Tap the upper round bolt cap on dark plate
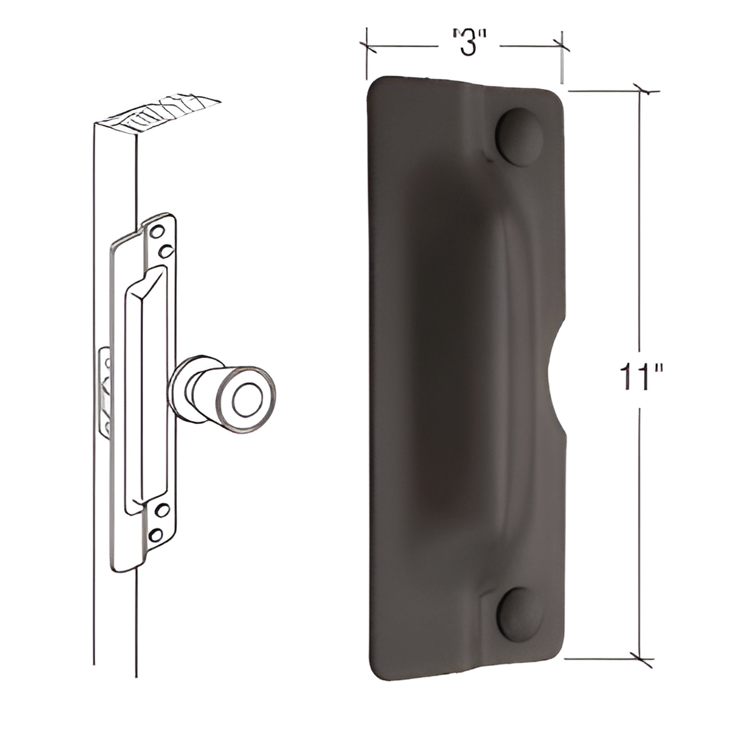520,137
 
